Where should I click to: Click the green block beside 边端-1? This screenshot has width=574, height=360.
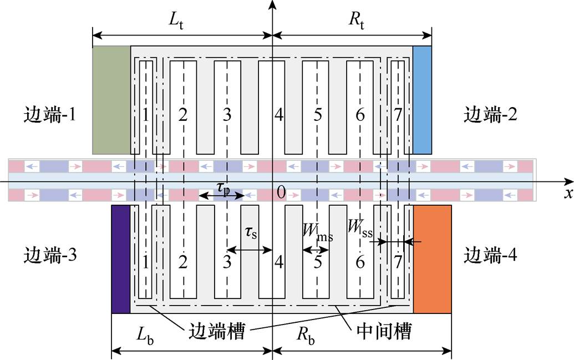click(111, 100)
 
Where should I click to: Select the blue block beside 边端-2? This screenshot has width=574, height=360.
click(422, 100)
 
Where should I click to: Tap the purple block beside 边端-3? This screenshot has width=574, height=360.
click(120, 259)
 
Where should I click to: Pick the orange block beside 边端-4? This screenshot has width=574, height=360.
click(433, 259)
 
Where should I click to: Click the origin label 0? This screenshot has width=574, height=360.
click(281, 192)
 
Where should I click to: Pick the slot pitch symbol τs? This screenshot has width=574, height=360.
click(251, 233)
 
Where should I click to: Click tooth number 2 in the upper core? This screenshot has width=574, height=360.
click(184, 115)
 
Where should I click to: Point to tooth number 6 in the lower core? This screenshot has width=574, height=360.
click(360, 261)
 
